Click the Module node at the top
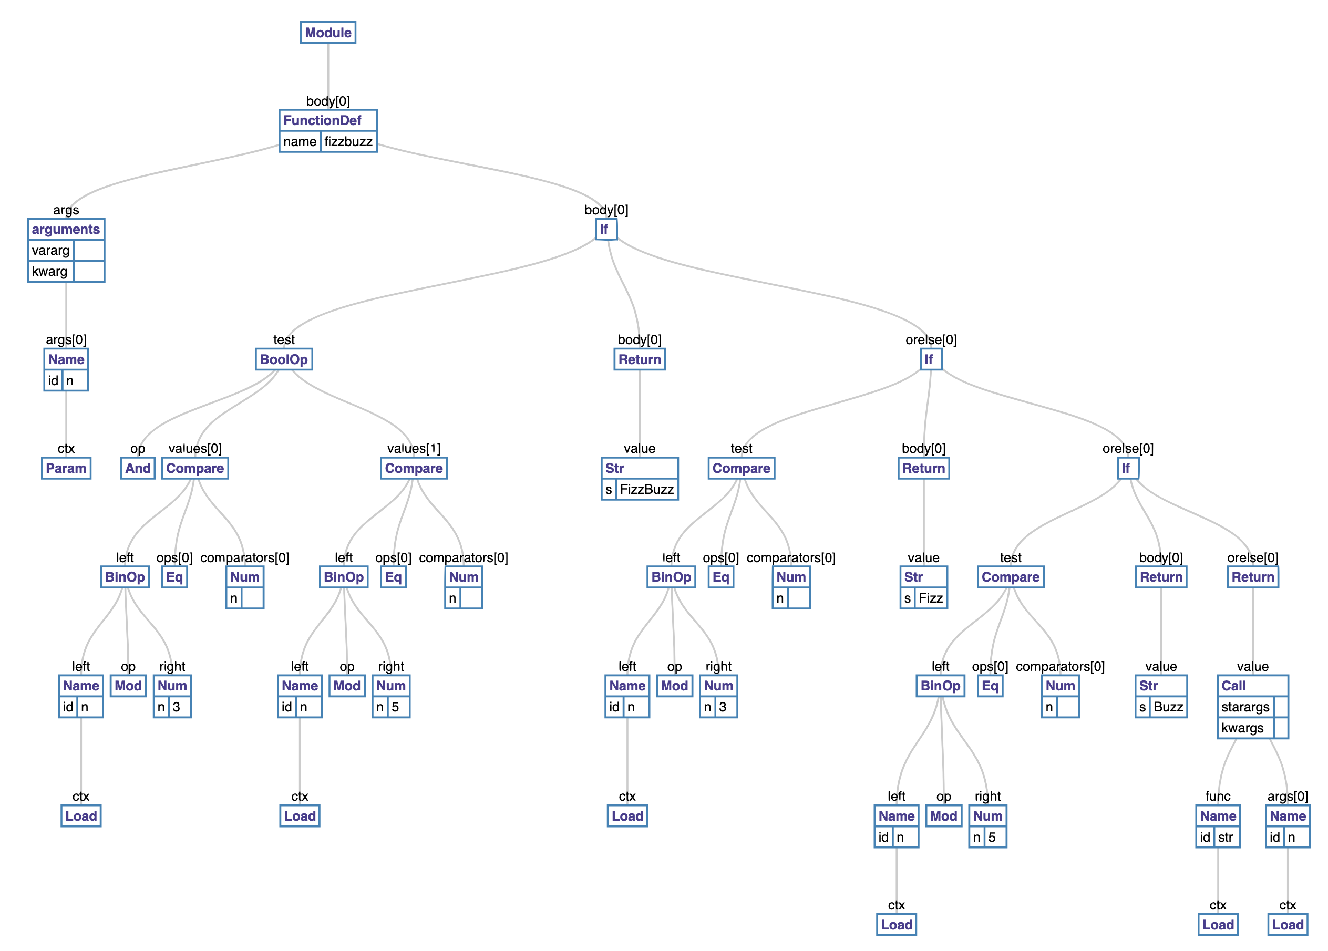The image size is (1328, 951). (x=328, y=33)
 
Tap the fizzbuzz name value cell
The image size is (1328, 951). (x=348, y=142)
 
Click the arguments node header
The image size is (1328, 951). (x=66, y=229)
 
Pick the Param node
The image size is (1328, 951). (x=66, y=468)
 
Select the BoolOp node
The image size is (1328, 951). (x=283, y=359)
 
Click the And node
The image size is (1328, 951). (x=138, y=468)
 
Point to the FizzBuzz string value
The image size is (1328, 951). (x=646, y=489)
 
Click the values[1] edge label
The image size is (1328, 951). (x=414, y=449)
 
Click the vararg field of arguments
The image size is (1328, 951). (x=51, y=251)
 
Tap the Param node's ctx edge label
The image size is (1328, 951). (x=66, y=449)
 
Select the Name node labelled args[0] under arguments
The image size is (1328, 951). (x=66, y=359)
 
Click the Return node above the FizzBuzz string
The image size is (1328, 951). (x=640, y=359)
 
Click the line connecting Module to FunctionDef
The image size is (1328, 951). (x=327, y=70)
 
